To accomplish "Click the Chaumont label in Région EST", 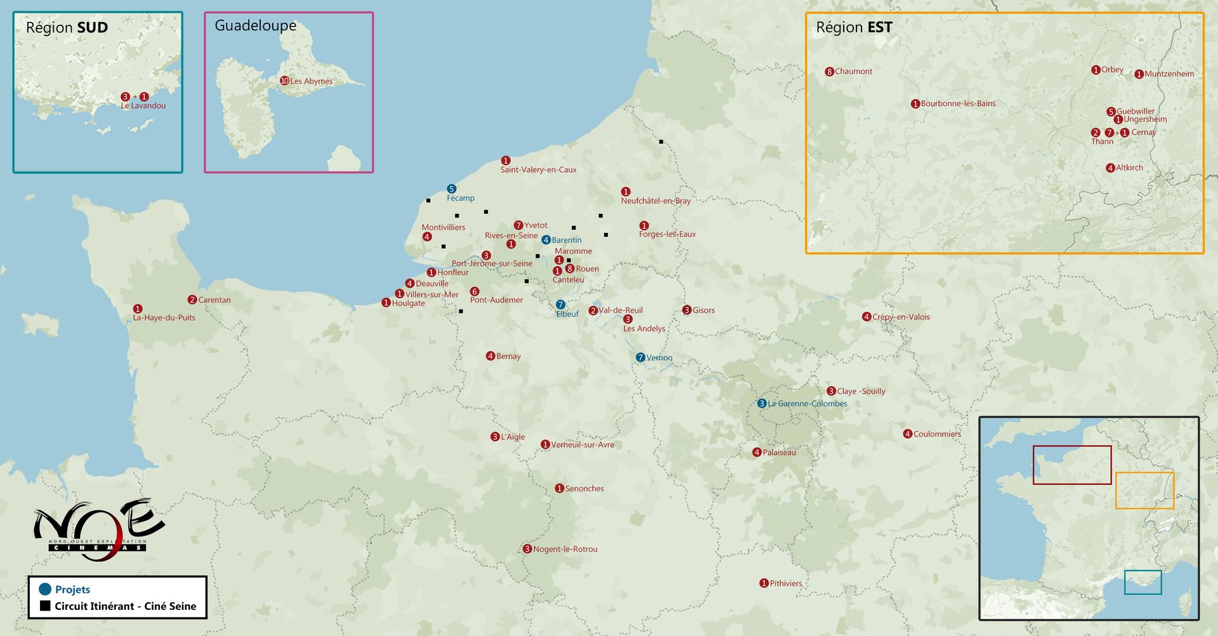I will click(853, 72).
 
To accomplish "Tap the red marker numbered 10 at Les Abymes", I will click(284, 81).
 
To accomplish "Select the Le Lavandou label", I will click(143, 106).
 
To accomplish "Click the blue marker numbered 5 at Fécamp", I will click(451, 189).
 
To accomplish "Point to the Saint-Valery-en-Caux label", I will click(538, 170).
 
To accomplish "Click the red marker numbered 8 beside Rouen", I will click(570, 268).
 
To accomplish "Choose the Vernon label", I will click(659, 358).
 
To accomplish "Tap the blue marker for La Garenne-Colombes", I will click(762, 404).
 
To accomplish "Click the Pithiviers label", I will click(785, 584).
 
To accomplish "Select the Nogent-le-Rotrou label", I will click(565, 550).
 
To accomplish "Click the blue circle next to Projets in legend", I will click(45, 589).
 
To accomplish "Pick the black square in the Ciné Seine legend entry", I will click(45, 606).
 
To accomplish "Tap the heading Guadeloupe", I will click(255, 26).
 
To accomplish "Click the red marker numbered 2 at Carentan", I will click(192, 300).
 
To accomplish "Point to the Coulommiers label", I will click(936, 434).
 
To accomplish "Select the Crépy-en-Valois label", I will click(900, 317).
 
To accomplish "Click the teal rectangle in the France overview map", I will click(1143, 582).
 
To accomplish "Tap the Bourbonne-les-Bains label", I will click(958, 104).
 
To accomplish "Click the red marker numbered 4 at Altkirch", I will click(1110, 168).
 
